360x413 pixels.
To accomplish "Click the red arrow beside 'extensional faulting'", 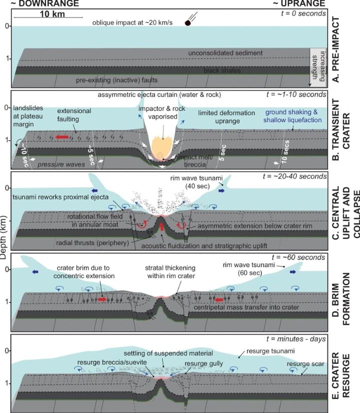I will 63,135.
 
